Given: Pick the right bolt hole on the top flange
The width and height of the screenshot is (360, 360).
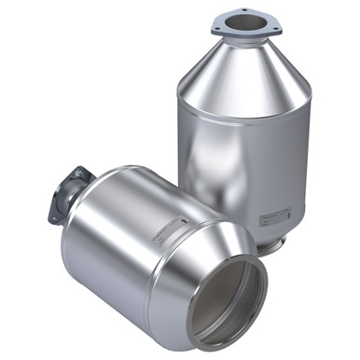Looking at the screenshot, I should (275, 26).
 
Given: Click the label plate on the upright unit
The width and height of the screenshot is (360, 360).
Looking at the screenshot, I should (278, 215).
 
